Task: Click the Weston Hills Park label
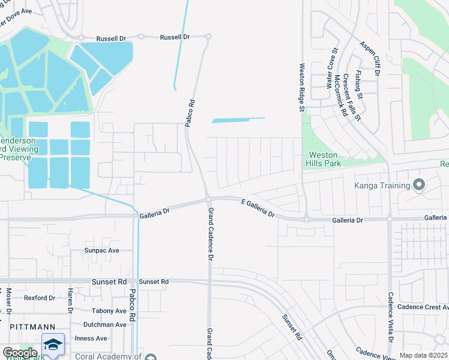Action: click(322, 159)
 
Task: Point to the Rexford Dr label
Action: click(40, 298)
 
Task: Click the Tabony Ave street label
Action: click(107, 311)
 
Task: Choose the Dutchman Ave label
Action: click(104, 325)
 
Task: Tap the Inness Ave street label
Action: click(91, 338)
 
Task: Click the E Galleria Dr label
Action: click(258, 208)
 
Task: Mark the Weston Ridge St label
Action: click(302, 87)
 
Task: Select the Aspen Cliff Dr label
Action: click(370, 58)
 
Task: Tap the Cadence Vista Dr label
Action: click(391, 317)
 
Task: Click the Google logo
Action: click(20, 353)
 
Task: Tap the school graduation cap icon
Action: click(53, 344)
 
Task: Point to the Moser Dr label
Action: click(9, 304)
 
